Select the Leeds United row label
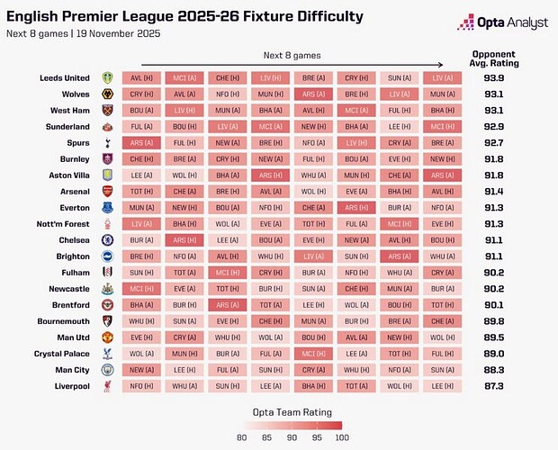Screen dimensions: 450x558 click(65, 78)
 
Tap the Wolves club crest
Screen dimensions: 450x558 click(108, 94)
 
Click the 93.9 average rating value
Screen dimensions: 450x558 click(493, 78)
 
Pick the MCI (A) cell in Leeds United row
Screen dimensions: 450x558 click(185, 78)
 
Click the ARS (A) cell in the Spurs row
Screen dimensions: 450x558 click(142, 141)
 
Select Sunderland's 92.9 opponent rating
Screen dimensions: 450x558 click(493, 125)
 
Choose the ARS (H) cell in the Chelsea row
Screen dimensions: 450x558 click(185, 240)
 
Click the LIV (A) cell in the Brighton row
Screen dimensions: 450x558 click(314, 256)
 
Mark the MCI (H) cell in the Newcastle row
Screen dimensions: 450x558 click(142, 288)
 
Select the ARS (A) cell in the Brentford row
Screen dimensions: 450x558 click(229, 304)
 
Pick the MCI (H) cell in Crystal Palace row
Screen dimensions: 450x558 click(314, 352)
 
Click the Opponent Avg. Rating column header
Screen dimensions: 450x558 click(493, 59)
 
